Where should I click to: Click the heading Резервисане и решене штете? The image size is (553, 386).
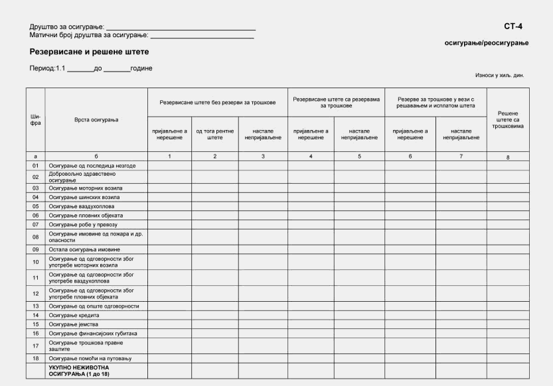(x=89, y=51)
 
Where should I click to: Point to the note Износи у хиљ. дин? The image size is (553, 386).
(x=499, y=76)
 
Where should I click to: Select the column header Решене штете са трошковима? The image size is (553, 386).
(x=508, y=120)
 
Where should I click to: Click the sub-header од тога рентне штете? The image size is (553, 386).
(x=215, y=135)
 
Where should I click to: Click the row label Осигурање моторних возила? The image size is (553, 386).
(x=86, y=188)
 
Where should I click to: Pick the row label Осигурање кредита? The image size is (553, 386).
(x=74, y=315)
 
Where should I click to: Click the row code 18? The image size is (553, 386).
(x=36, y=358)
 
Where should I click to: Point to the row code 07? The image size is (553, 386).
(x=36, y=225)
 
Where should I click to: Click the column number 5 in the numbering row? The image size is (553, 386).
(x=359, y=156)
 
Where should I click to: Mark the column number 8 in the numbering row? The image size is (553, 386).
(x=508, y=157)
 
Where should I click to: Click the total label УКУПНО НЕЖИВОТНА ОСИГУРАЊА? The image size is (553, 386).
(x=78, y=370)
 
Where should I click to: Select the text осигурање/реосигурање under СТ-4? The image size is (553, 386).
(x=486, y=43)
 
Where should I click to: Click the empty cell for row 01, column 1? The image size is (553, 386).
(x=170, y=165)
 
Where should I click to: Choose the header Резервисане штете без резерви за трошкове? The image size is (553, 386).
(x=217, y=103)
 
